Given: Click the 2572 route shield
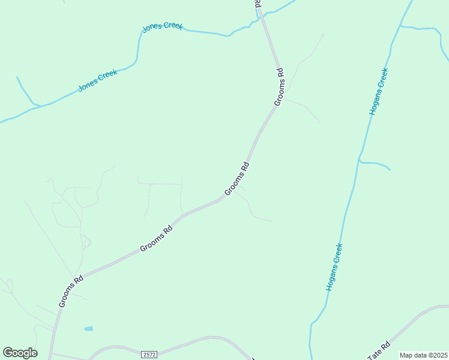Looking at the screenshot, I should [150, 355].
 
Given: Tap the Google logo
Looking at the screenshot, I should [20, 353].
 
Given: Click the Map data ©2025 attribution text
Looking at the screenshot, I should [423, 355].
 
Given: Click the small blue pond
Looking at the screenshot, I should [89, 329].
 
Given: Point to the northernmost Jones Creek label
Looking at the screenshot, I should [162, 27].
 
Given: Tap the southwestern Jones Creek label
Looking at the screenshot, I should [98, 80].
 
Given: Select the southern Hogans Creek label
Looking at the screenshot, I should [334, 267].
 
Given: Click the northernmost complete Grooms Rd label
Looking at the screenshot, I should [279, 87].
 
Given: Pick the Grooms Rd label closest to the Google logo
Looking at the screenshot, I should [71, 292].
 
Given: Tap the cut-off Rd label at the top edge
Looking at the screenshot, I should [258, 4].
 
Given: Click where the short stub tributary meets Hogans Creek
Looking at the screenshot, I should [359, 161].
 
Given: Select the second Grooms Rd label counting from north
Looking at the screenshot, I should [237, 179].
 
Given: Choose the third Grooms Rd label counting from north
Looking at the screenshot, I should [156, 238].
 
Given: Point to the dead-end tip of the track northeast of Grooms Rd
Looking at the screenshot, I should [324, 34].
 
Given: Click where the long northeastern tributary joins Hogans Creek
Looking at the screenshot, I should [401, 26].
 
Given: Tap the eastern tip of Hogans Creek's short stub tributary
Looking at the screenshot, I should [390, 170].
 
